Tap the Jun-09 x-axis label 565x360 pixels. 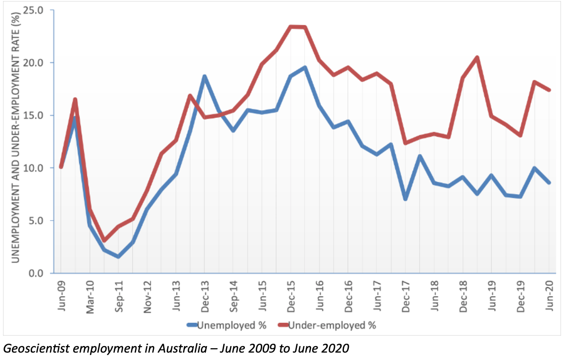tap(61, 294)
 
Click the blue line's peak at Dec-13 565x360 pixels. tap(204, 76)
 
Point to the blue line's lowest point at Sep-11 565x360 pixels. tap(118, 257)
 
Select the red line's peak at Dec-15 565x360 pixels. tap(290, 27)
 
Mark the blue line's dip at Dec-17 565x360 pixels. tap(405, 199)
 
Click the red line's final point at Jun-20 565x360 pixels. tap(549, 90)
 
